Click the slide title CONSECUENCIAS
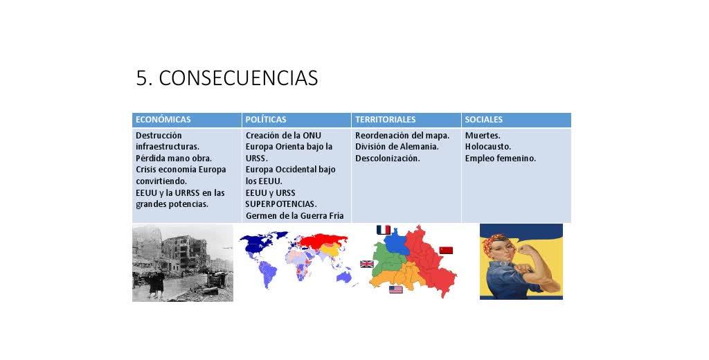pyautogui.click(x=238, y=78)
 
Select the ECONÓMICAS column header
pyautogui.click(x=163, y=120)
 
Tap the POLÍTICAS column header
pyautogui.click(x=266, y=120)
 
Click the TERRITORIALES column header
pyautogui.click(x=385, y=120)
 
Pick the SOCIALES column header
pyautogui.click(x=484, y=120)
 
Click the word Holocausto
pyautogui.click(x=488, y=147)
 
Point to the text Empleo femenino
pyautogui.click(x=501, y=159)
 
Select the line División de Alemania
pyautogui.click(x=397, y=147)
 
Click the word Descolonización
pyautogui.click(x=388, y=159)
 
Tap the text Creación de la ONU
pyautogui.click(x=283, y=135)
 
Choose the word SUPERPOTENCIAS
pyautogui.click(x=281, y=204)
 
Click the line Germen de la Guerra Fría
pyautogui.click(x=295, y=216)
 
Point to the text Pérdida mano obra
pyautogui.click(x=174, y=159)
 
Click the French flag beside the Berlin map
pyautogui.click(x=384, y=231)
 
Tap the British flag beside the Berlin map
pyautogui.click(x=367, y=264)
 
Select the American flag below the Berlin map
pyautogui.click(x=395, y=289)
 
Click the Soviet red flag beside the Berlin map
pyautogui.click(x=446, y=251)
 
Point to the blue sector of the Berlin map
pyautogui.click(x=397, y=241)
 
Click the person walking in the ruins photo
pyautogui.click(x=157, y=283)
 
